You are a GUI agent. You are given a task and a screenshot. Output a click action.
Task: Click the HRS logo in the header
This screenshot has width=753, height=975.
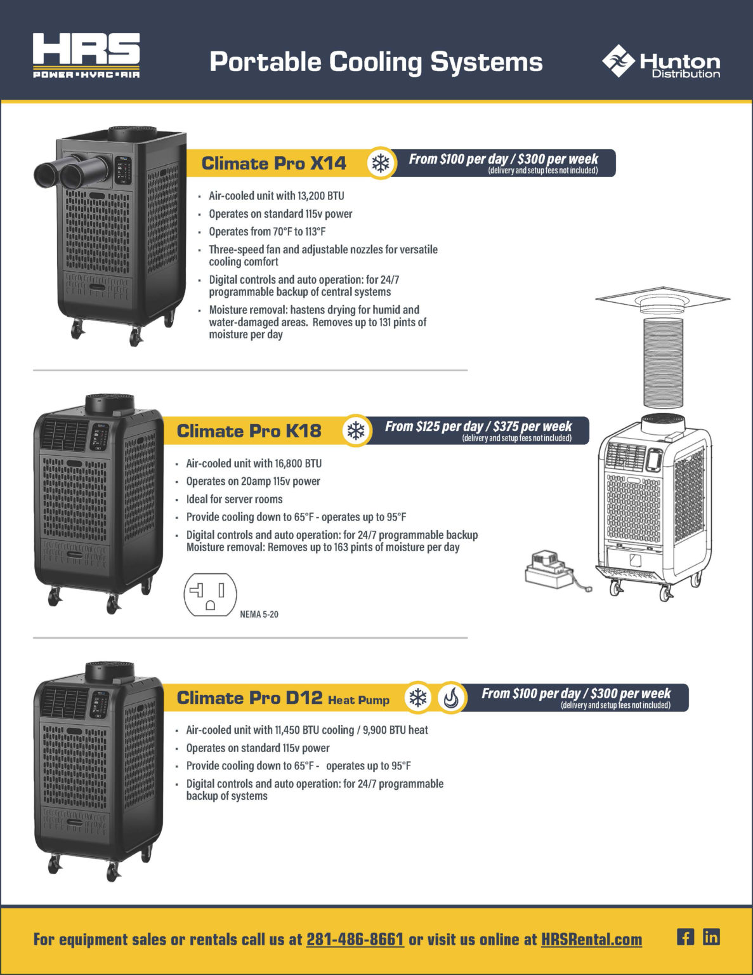coord(86,56)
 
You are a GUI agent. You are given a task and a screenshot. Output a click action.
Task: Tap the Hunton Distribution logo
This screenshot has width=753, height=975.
coord(661,62)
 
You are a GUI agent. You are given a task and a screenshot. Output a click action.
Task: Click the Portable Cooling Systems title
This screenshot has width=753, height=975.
coord(376,62)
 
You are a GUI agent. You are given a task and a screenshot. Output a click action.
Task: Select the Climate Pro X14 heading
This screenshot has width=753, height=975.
coord(273,163)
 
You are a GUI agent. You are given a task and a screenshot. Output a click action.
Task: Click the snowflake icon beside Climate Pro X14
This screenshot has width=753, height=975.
coord(381,163)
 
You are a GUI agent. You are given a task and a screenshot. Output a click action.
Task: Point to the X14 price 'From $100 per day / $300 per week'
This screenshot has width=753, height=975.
coord(503,159)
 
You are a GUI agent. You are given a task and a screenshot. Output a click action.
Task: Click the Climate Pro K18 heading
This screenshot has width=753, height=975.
coord(249,431)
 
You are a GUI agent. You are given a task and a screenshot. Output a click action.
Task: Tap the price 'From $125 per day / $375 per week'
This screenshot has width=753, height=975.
coord(478,427)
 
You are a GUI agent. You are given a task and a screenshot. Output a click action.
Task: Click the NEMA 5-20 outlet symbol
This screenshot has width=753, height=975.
coord(210,595)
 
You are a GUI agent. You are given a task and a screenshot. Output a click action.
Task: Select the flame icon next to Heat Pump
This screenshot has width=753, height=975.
coord(451,698)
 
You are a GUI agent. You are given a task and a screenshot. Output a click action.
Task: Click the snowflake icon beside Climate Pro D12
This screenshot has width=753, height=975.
coord(417,698)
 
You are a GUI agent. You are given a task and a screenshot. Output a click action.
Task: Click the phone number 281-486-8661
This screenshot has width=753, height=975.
coord(355,939)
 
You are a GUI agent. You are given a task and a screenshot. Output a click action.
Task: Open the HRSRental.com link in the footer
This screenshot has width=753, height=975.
coord(591,939)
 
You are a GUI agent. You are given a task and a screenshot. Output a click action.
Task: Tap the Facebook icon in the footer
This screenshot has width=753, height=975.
coord(685,937)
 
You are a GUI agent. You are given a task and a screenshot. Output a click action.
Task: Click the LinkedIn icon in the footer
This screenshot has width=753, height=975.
coord(711,937)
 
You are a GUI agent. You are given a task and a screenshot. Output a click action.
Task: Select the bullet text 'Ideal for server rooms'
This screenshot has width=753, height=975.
coord(234,500)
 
